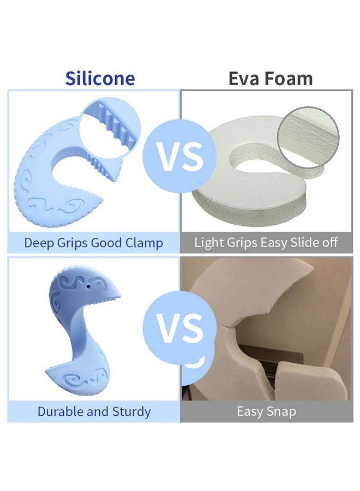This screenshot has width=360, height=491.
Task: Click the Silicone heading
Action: click(x=100, y=78)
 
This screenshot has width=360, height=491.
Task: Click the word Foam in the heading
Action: click(x=288, y=78)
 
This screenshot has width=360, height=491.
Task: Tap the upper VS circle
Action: click(x=180, y=155)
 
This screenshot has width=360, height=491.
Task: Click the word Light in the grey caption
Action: click(x=207, y=243)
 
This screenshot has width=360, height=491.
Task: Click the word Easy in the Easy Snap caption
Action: click(x=250, y=412)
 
